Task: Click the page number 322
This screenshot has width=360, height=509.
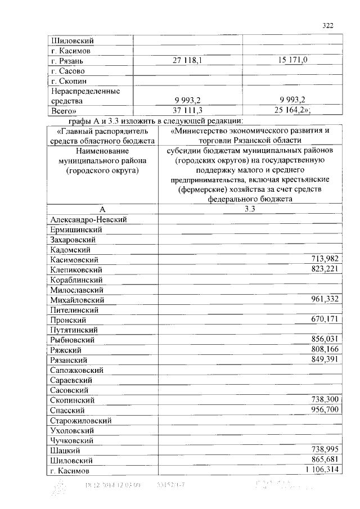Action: coord(328,25)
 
